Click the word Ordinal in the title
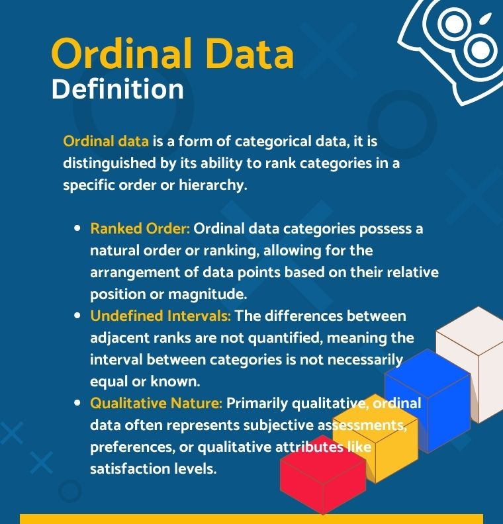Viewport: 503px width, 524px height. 122,53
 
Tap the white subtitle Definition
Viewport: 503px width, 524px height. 118,89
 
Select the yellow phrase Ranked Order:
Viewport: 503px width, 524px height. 140,228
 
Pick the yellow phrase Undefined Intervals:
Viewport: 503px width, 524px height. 160,316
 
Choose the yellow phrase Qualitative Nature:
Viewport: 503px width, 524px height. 156,403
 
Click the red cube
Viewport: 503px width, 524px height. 323,474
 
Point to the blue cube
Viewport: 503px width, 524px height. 428,401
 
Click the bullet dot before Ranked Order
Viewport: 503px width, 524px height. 77,228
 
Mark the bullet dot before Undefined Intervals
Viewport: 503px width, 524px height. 77,316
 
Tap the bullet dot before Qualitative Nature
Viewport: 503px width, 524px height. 77,403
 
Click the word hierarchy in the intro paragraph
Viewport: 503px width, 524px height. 213,185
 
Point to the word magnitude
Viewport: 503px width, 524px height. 207,294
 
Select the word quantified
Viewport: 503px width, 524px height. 285,338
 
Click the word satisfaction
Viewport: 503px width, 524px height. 130,468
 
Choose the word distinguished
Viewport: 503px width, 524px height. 109,163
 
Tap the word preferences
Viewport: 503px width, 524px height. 132,447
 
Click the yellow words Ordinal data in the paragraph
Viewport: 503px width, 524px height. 106,142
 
